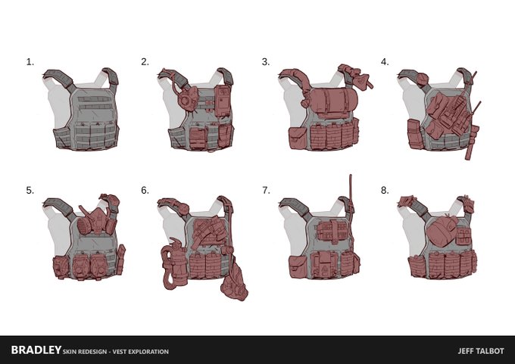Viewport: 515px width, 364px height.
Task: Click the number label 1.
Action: coord(30,62)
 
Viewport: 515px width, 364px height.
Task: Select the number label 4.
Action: coord(385,62)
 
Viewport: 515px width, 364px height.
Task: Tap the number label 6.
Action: coord(145,191)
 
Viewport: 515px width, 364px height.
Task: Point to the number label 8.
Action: coord(385,191)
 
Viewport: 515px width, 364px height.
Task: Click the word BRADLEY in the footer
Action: coord(36,350)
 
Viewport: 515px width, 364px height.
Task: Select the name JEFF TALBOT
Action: coord(481,351)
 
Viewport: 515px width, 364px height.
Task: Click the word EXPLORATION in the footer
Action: coord(148,352)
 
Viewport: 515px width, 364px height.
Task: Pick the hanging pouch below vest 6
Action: coord(234,282)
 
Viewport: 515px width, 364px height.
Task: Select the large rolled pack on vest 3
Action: coord(333,100)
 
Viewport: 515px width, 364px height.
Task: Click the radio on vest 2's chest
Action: coord(223,101)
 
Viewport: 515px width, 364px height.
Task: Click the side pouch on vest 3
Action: coord(298,138)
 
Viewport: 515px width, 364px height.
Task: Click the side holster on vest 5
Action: coord(121,260)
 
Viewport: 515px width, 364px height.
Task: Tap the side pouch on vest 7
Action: coord(298,267)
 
